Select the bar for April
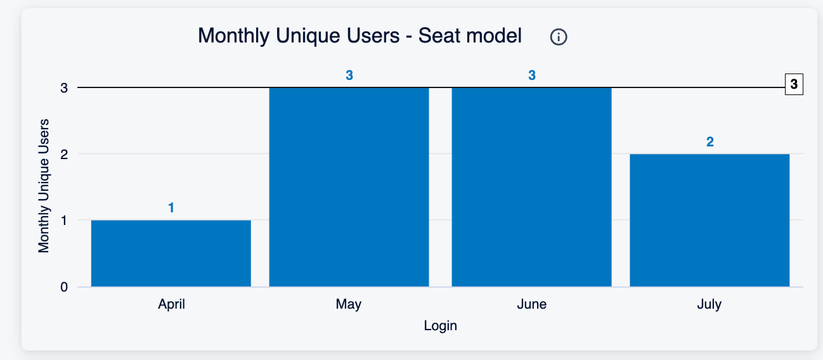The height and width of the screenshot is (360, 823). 171,254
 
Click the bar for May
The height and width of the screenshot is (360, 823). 349,187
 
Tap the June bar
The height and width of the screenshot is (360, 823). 531,187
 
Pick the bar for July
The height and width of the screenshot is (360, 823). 710,221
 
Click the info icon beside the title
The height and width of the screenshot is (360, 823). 559,37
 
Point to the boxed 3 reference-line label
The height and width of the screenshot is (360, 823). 794,84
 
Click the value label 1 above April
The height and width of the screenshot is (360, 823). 171,208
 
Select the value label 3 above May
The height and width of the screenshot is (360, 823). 349,75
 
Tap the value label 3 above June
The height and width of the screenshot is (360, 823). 532,75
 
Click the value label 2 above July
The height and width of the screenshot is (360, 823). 710,142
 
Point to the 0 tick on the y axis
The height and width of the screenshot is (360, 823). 64,287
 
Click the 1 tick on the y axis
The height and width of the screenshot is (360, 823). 64,221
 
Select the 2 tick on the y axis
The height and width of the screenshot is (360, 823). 64,154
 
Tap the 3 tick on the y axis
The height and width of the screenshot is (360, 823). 64,88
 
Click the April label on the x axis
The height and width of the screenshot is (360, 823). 171,304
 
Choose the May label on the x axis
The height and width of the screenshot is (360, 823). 349,304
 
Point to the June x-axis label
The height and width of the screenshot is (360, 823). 531,304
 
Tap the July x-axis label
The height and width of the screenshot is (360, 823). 710,304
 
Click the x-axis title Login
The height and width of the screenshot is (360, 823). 441,326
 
